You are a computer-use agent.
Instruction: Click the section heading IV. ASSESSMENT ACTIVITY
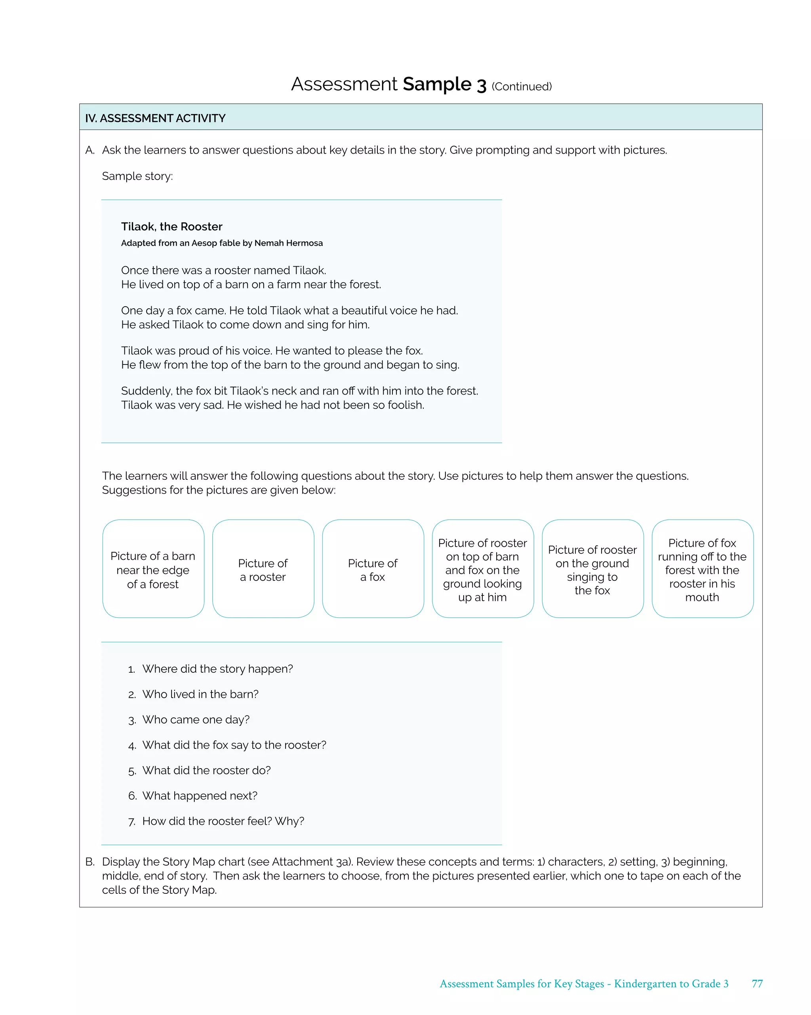pyautogui.click(x=155, y=118)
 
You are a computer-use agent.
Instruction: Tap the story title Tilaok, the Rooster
pyautogui.click(x=171, y=227)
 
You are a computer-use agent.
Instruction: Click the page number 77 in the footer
pyautogui.click(x=757, y=983)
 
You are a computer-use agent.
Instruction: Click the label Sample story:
pyautogui.click(x=137, y=176)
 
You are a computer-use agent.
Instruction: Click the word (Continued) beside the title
pyautogui.click(x=521, y=87)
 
